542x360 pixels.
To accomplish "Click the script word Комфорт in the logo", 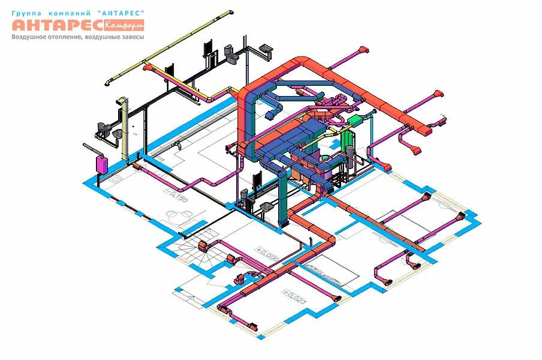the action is click(x=124, y=25).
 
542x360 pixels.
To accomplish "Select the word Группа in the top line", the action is click(x=26, y=12).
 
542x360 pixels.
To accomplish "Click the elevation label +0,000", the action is click(x=266, y=253).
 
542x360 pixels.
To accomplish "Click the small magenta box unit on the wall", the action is click(x=101, y=163).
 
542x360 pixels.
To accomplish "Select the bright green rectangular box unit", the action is click(x=354, y=121).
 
